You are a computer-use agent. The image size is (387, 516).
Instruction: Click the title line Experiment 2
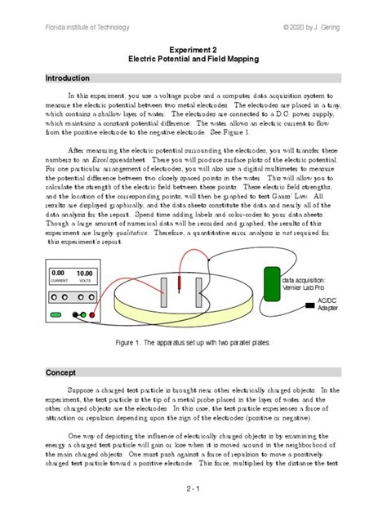193,49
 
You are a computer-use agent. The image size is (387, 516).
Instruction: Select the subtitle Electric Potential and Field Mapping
193,60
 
